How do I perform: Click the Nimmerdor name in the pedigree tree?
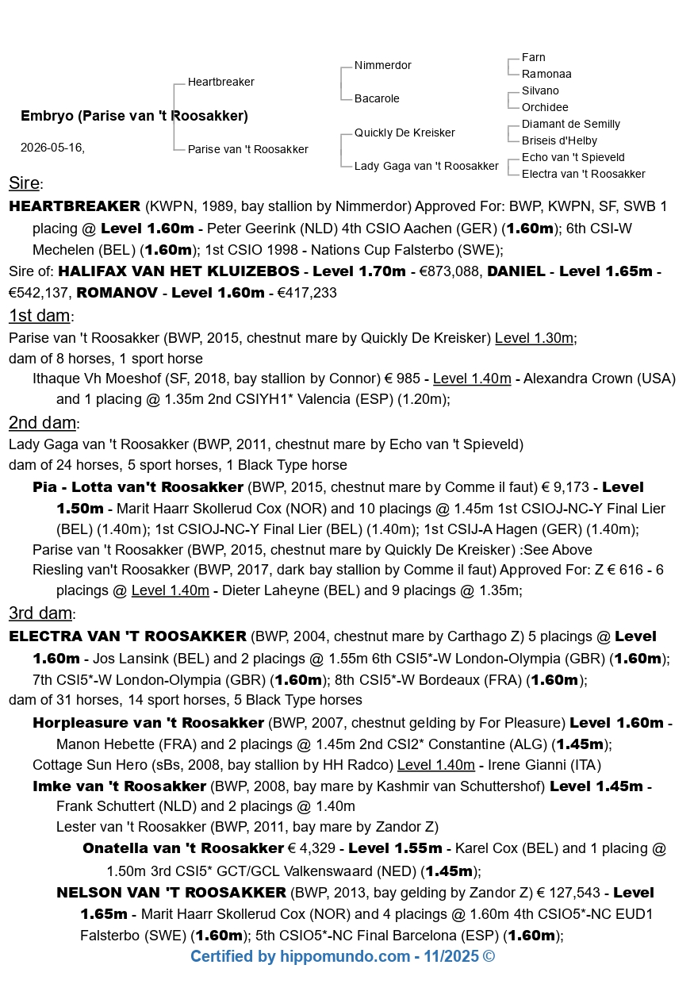coord(382,65)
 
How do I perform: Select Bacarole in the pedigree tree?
coord(377,98)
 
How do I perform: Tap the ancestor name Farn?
coord(533,57)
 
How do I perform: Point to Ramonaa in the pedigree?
coord(546,74)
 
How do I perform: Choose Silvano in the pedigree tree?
coord(540,90)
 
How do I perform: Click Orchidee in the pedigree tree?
coord(545,107)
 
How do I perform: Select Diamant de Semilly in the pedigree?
coord(570,124)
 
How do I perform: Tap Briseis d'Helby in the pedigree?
coord(559,140)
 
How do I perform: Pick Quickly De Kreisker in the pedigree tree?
coord(405,133)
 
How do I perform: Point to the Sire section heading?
coord(25,183)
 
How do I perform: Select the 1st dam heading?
coord(40,315)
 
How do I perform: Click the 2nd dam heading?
coord(43,422)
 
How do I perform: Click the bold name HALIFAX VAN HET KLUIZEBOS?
coord(179,271)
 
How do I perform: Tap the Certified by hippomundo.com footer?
coord(342,956)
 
